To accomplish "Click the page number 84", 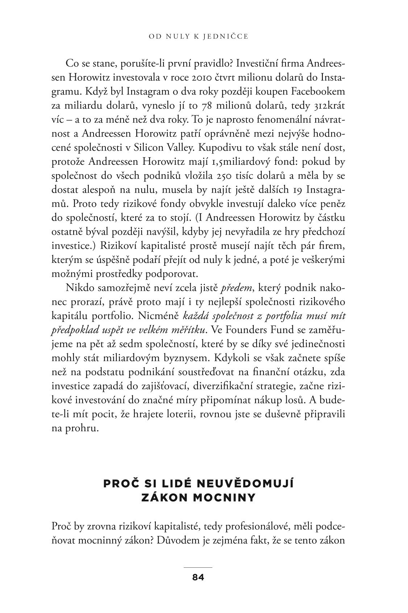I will pos(198,578).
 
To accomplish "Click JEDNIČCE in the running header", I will pos(224,37).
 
